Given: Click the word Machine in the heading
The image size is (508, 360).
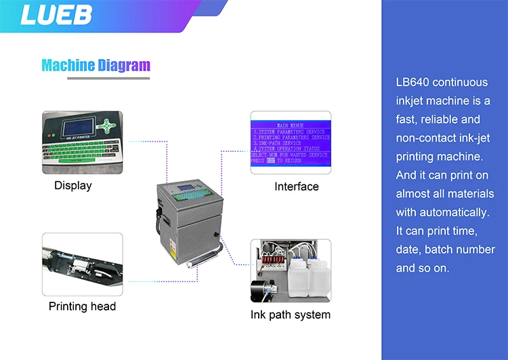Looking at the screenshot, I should [x=68, y=65].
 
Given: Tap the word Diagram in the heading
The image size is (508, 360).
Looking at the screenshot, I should [x=123, y=65].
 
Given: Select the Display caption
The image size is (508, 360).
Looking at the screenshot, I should [x=72, y=185].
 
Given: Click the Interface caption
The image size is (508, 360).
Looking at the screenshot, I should [x=296, y=186].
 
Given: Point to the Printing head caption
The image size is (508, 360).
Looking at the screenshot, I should [x=82, y=306].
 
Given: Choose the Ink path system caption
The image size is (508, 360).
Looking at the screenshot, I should [x=291, y=315].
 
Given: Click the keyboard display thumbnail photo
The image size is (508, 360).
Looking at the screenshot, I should [x=82, y=140].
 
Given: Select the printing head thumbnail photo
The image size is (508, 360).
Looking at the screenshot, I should [x=82, y=264].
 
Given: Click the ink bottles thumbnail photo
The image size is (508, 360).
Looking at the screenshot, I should [x=291, y=270].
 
